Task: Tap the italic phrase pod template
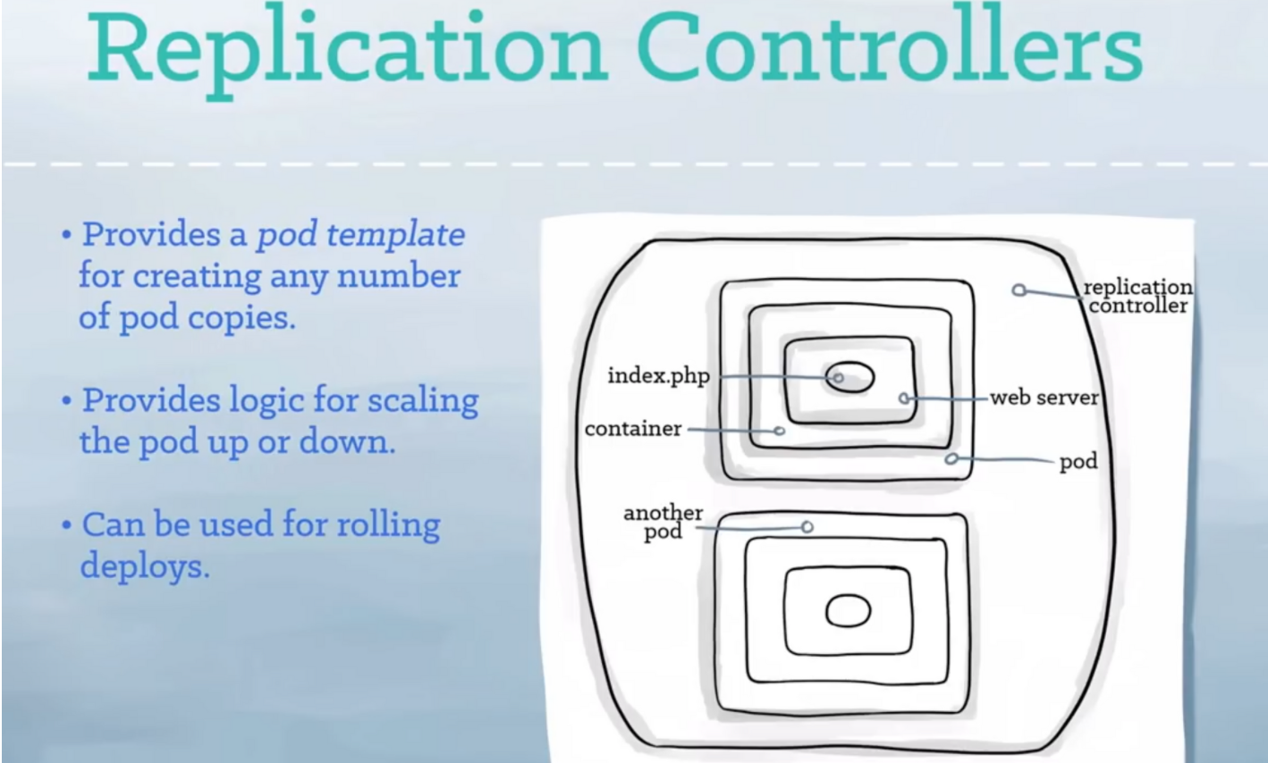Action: click(360, 235)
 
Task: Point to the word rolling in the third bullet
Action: click(388, 524)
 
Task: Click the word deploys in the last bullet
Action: click(144, 566)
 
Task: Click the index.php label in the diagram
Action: click(658, 376)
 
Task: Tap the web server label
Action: click(1044, 398)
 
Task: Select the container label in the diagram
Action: click(633, 429)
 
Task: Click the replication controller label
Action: click(1137, 296)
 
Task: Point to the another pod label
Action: click(664, 522)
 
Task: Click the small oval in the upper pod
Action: click(850, 377)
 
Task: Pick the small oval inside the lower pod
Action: click(848, 612)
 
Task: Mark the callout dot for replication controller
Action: click(1019, 289)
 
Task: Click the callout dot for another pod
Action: click(807, 527)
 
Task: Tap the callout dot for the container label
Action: click(779, 431)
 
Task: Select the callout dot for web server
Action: click(904, 398)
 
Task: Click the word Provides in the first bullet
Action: click(151, 235)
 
